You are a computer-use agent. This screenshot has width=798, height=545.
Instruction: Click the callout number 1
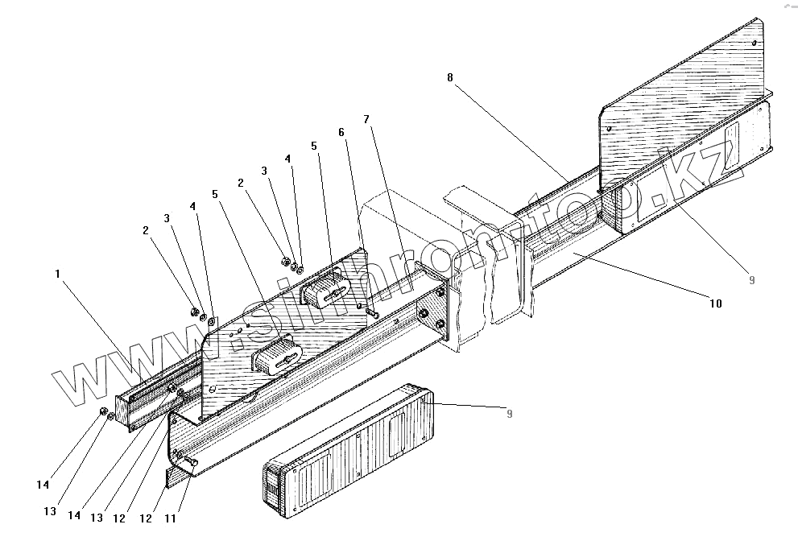(57, 274)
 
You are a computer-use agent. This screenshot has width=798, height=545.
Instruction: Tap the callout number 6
(341, 132)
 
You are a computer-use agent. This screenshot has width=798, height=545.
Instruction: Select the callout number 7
(366, 119)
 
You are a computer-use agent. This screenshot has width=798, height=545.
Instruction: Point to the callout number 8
(450, 77)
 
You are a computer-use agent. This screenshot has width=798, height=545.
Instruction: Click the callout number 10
(716, 303)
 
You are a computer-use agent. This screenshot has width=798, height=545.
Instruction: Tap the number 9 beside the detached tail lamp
(507, 414)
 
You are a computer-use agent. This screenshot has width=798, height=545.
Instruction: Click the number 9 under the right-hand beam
(750, 280)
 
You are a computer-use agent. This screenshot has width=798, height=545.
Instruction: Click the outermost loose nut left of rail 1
(104, 413)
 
